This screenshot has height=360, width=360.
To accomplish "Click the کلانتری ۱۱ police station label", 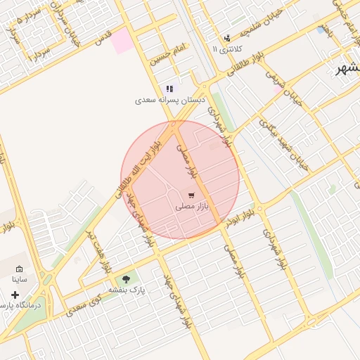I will click(x=226, y=50).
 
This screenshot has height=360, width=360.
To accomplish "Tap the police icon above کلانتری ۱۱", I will click(x=226, y=39).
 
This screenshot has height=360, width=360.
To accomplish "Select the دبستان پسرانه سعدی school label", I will click(x=169, y=101).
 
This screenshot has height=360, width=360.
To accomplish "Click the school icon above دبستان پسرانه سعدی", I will click(x=169, y=89).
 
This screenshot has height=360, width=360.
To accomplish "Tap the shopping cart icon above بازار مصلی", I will click(x=191, y=195).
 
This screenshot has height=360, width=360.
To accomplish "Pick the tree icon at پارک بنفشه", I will click(x=127, y=279).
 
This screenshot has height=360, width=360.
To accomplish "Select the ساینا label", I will click(x=19, y=279).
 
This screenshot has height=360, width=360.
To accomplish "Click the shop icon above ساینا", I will click(x=19, y=269).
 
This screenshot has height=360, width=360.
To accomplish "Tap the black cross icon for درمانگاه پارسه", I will click(x=15, y=295).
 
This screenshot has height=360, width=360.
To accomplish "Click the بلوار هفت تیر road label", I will click(x=97, y=250).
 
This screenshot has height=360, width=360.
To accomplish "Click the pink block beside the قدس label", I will click(x=122, y=41).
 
